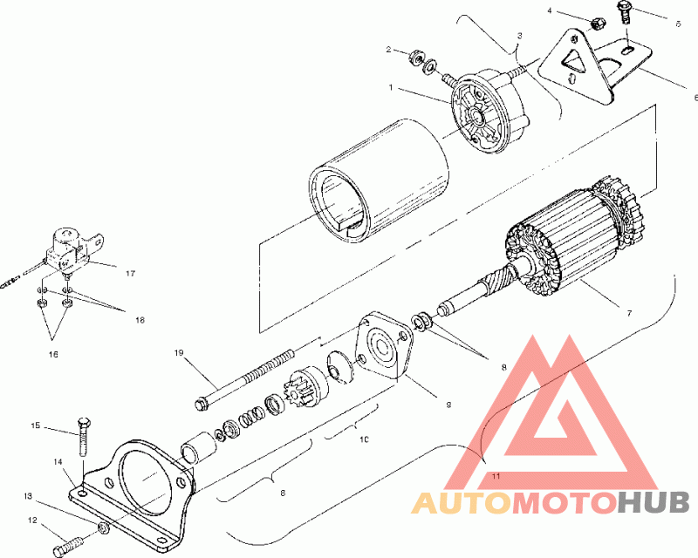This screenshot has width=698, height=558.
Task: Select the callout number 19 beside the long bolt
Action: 178,353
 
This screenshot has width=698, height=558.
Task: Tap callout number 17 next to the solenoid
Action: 129,273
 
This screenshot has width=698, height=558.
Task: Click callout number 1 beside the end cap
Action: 393,88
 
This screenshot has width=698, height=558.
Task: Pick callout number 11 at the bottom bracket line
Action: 495,476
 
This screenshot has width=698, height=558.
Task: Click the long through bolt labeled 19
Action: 253,380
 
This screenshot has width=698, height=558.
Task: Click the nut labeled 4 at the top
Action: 597,23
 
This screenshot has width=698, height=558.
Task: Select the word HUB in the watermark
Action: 654,503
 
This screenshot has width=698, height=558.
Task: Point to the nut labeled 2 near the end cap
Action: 414,58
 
